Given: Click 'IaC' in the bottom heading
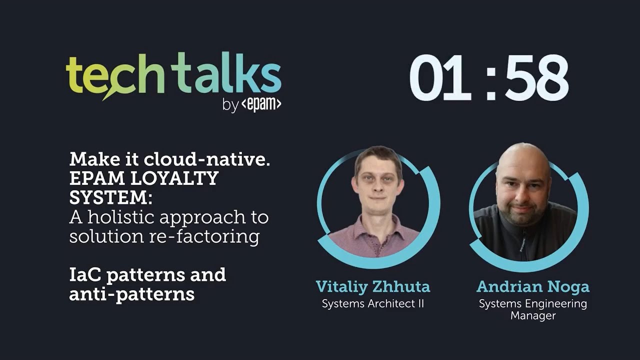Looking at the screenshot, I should click(85, 274).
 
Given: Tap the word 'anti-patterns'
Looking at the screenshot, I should click(131, 294).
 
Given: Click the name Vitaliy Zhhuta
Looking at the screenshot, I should click(373, 287).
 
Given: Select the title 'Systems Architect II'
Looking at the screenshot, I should click(373, 303).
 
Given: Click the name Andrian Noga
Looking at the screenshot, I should click(533, 287).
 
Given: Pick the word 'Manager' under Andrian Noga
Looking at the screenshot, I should click(533, 316).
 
